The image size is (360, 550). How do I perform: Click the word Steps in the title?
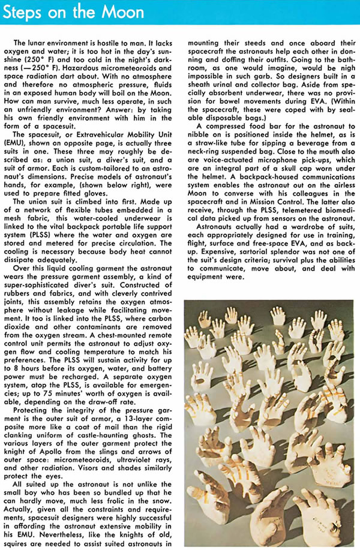coord(27,12)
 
